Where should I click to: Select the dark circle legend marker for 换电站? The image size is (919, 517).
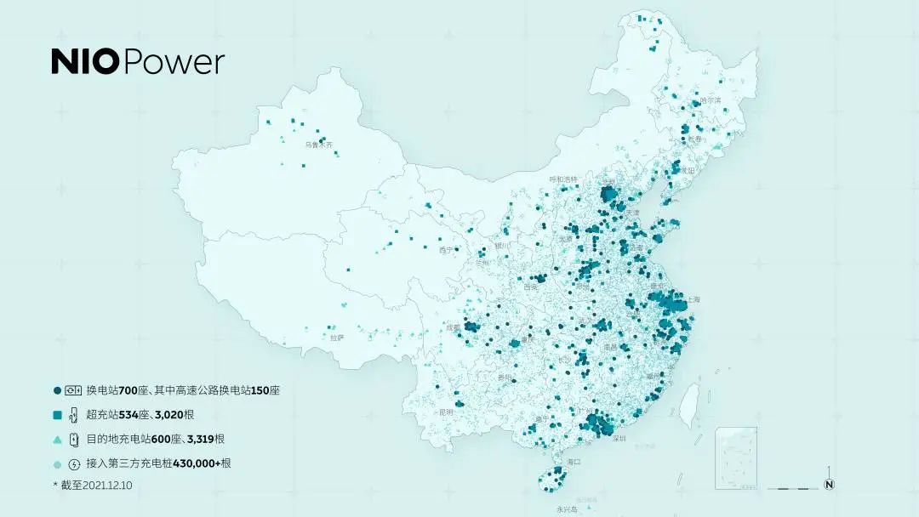tap(57, 390)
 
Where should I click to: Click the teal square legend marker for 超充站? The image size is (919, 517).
tap(57, 415)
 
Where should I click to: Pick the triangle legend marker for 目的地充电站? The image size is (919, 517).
tap(57, 440)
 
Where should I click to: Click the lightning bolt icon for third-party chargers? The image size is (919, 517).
tap(74, 463)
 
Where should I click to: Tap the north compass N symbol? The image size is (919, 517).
tap(829, 485)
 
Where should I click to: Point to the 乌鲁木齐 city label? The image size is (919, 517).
tap(320, 145)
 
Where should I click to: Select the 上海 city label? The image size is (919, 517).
tap(692, 299)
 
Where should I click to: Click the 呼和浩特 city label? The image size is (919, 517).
tap(563, 179)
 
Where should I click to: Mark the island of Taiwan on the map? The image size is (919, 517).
tap(690, 400)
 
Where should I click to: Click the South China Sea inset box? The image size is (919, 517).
tap(736, 457)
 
